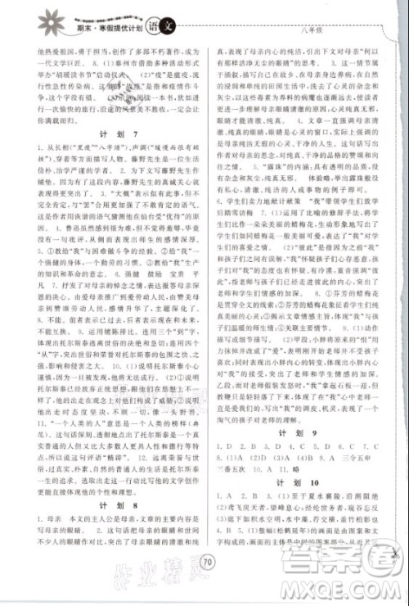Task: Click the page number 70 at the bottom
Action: point(205,585)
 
